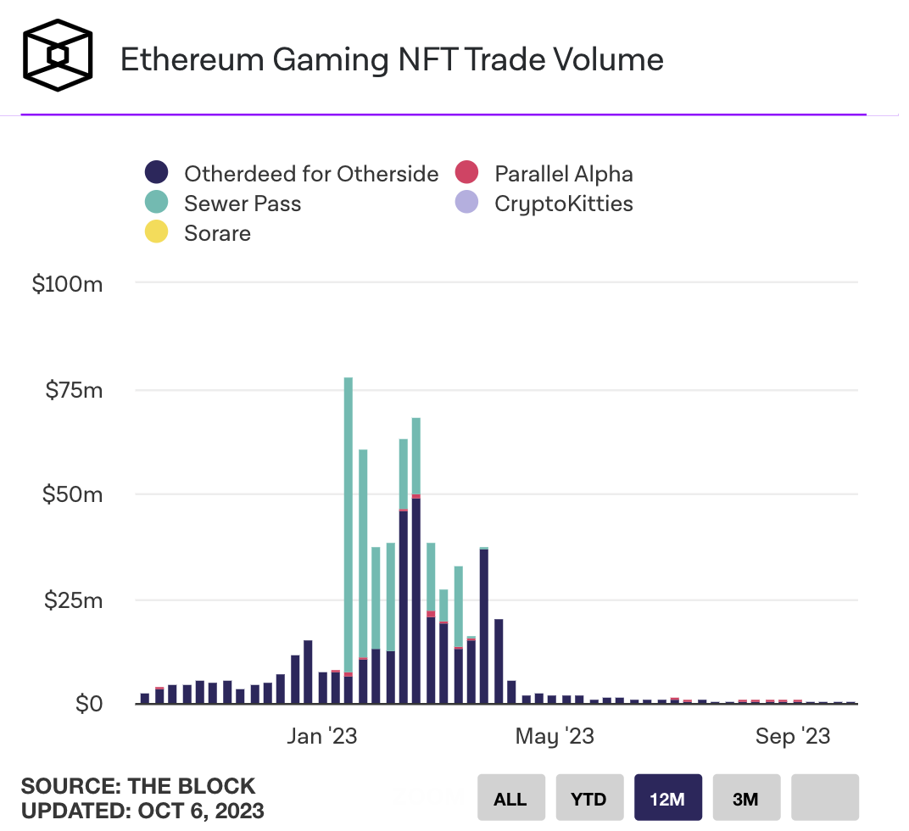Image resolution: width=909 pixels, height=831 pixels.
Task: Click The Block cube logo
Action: (56, 55)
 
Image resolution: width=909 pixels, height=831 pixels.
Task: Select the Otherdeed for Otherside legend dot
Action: (156, 174)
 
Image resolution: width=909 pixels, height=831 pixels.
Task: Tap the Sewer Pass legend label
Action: (243, 204)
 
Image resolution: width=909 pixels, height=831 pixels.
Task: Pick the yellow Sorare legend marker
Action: (156, 232)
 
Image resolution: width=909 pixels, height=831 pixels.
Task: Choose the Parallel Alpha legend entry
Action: (563, 174)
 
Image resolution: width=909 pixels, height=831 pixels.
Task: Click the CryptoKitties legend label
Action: (563, 204)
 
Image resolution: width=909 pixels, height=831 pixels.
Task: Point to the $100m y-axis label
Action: (67, 284)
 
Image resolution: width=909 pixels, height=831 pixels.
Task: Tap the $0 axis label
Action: (88, 704)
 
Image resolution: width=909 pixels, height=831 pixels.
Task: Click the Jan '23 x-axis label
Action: (321, 736)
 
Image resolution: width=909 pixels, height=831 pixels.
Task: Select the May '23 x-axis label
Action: (555, 736)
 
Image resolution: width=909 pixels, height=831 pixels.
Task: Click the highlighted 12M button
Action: (668, 798)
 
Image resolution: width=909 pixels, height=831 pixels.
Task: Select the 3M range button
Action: (746, 798)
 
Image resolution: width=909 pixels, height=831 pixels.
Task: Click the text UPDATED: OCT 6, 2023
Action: (142, 810)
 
